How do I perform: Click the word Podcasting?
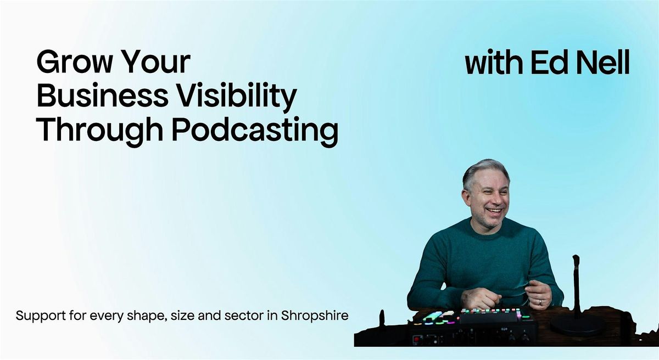255,131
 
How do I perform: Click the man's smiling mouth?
494,210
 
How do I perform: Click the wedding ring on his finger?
541,302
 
